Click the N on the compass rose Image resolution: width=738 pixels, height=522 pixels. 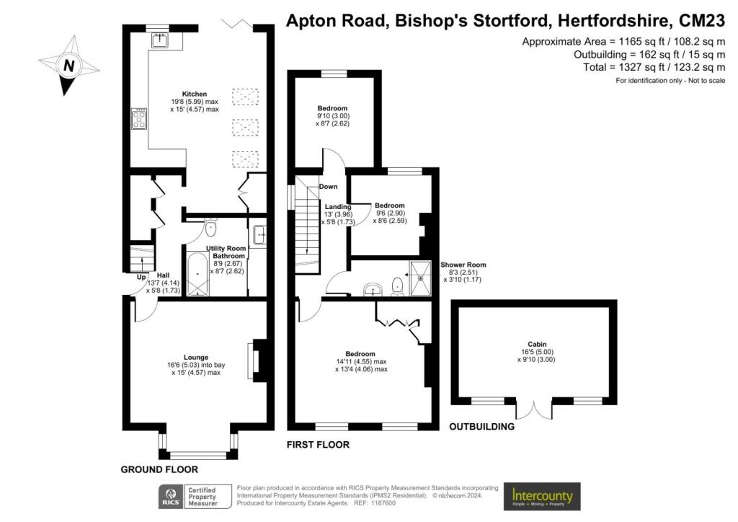point(69,66)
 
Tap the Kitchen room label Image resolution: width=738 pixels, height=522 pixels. point(195,94)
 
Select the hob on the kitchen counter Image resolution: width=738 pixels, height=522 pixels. point(139,119)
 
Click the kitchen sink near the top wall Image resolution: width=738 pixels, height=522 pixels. point(160,40)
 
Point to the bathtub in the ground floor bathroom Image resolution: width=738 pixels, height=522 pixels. point(197,275)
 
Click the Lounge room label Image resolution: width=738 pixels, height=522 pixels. point(196,358)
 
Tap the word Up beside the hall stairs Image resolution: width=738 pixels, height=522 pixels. point(141,278)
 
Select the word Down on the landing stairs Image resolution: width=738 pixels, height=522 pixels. point(328,187)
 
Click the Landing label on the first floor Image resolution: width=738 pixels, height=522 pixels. point(337,207)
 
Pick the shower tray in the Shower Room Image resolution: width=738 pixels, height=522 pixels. point(420,278)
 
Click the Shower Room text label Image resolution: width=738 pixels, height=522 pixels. point(463,265)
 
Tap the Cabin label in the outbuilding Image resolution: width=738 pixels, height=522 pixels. point(537,344)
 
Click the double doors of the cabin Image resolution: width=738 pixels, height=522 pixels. point(534,408)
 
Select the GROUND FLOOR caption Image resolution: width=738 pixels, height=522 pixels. point(159,469)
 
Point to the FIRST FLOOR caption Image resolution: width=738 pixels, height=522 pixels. point(318,445)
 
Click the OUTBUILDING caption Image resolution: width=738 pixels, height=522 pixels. point(481,426)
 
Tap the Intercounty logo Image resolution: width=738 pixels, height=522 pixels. point(542,496)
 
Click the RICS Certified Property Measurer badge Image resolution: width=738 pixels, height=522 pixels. point(195,497)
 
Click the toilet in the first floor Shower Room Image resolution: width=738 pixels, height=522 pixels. point(398,286)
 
